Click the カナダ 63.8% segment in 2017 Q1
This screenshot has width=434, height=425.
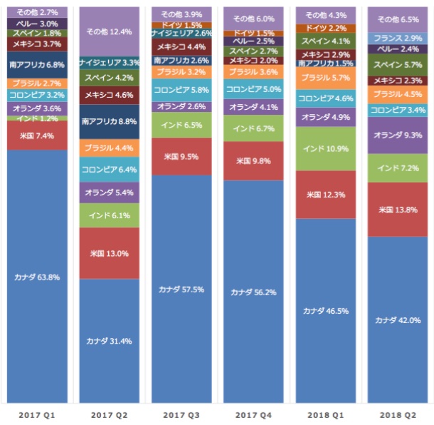[37, 277]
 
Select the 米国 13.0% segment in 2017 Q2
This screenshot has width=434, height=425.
[109, 253]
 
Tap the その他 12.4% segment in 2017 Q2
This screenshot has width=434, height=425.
[109, 32]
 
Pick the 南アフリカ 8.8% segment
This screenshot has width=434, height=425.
[109, 122]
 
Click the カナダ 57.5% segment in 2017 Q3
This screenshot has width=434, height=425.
[181, 289]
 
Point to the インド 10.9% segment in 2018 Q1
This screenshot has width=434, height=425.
[326, 148]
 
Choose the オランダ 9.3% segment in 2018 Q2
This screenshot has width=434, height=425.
[398, 135]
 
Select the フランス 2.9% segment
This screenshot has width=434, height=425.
[398, 38]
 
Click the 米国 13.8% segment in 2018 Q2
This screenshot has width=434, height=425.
[398, 210]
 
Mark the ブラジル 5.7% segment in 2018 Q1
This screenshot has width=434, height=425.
[326, 78]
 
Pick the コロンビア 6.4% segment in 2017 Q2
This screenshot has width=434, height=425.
[109, 170]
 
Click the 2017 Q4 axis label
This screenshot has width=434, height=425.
[254, 414]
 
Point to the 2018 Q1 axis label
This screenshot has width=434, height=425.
[326, 414]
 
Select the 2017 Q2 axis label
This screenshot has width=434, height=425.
[109, 414]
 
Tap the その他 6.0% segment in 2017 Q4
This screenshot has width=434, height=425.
[254, 19]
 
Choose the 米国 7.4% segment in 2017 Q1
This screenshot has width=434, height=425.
[37, 135]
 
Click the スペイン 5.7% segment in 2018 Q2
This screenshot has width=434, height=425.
[398, 65]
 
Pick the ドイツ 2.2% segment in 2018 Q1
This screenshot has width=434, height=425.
[326, 28]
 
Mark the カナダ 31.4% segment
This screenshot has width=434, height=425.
[109, 340]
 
